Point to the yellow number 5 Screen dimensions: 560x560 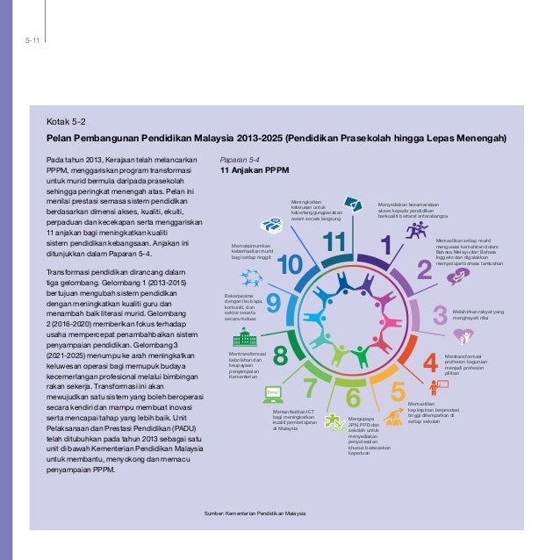pyautogui.click(x=397, y=391)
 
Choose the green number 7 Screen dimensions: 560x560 pyautogui.click(x=310, y=386)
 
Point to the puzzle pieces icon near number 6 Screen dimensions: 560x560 pyautogui.click(x=335, y=420)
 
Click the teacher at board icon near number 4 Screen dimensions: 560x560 pyautogui.click(x=436, y=387)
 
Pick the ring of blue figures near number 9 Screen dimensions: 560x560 pyautogui.click(x=252, y=279)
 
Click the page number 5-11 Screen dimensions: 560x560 pyautogui.click(x=31, y=39)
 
